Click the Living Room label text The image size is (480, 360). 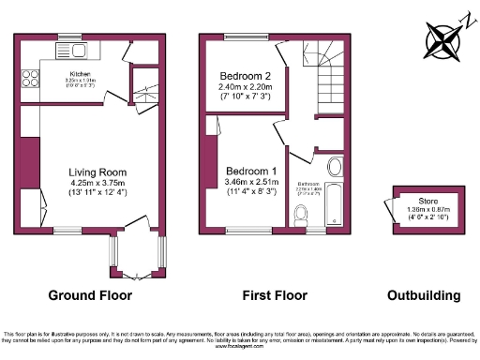point(97,172)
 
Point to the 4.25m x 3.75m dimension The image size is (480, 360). point(97,183)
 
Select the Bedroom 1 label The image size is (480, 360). point(250,171)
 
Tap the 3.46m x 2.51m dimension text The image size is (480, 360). point(250,182)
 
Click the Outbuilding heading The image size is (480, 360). point(424,295)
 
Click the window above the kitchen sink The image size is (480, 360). point(68,37)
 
